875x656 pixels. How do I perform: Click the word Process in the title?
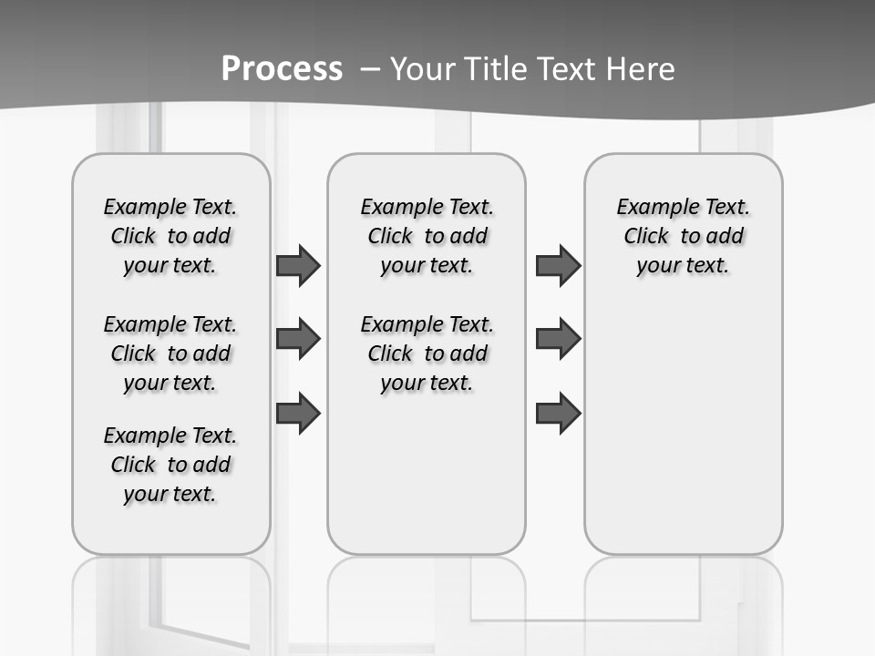tap(282, 68)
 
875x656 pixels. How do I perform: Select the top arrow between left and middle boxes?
tap(298, 265)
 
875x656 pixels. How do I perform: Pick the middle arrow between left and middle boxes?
tap(298, 339)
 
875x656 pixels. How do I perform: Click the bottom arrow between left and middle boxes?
tap(298, 414)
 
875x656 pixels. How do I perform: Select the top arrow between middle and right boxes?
tap(558, 265)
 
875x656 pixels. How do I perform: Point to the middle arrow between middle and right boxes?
tap(558, 339)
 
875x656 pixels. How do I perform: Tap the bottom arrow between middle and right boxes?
tap(558, 414)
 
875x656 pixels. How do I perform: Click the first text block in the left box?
tap(170, 236)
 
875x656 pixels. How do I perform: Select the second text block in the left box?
tap(170, 354)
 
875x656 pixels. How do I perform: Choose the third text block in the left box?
tap(170, 465)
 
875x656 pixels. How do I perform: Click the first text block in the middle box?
tap(427, 236)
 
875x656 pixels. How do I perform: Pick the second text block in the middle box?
tap(427, 354)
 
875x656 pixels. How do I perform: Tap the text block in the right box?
tap(683, 236)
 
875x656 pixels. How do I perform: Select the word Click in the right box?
tap(646, 237)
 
